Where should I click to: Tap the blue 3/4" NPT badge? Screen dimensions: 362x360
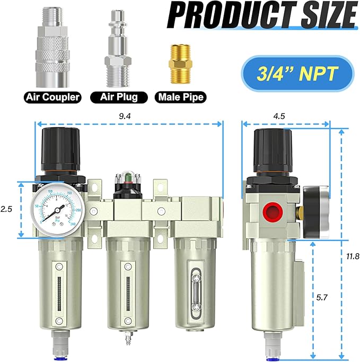coord(297,74)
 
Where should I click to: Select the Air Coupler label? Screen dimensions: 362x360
coord(52,97)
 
